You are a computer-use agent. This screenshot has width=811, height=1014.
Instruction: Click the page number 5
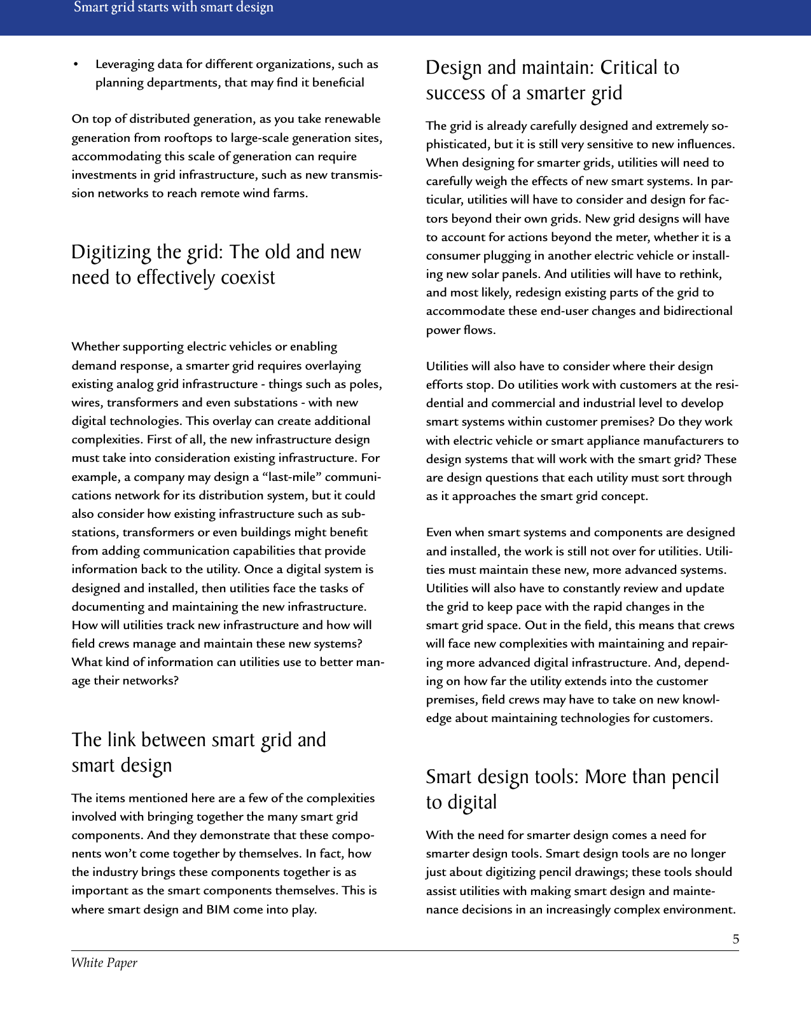tap(735, 939)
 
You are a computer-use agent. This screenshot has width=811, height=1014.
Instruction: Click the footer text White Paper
tap(104, 962)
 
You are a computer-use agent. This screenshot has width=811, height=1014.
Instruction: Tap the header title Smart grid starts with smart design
tap(174, 8)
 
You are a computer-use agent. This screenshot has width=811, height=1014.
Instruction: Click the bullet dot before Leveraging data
tap(76, 64)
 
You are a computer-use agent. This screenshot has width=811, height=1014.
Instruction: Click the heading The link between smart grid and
tap(198, 740)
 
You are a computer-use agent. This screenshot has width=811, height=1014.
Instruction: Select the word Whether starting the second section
tap(95, 347)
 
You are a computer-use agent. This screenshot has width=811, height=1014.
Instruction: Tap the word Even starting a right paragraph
tap(438, 532)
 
